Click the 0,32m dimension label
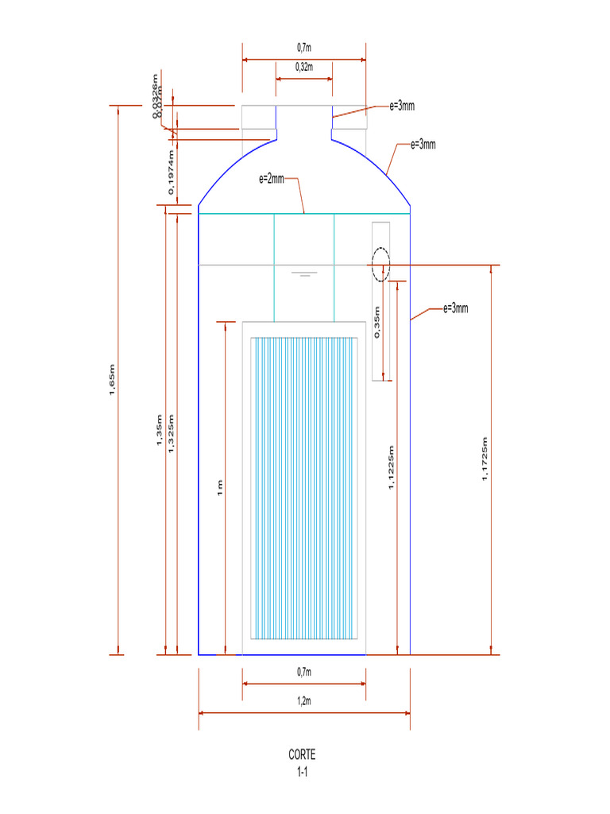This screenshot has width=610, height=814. pos(303,68)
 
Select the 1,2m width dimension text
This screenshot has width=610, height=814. pos(303,702)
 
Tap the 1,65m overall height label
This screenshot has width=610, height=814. pos(113,379)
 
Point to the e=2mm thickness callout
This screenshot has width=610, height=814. pos(272,180)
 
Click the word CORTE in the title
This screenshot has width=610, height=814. pos(303,755)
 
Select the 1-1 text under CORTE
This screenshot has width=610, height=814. pos(303,771)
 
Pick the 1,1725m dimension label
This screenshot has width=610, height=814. pos(485,459)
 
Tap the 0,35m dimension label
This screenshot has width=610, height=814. pos(377,321)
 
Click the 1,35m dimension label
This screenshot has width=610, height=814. pos(160,431)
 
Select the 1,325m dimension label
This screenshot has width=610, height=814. pos(171,433)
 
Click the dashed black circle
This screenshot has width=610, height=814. pos(381,264)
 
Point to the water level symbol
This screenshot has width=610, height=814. pos(303,273)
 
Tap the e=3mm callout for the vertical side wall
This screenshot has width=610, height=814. pos(456,308)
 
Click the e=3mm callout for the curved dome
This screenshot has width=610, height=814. pos(423,145)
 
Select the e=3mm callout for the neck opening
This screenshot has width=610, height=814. pos(402,106)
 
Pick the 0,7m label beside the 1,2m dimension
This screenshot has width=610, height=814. pos(303,673)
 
